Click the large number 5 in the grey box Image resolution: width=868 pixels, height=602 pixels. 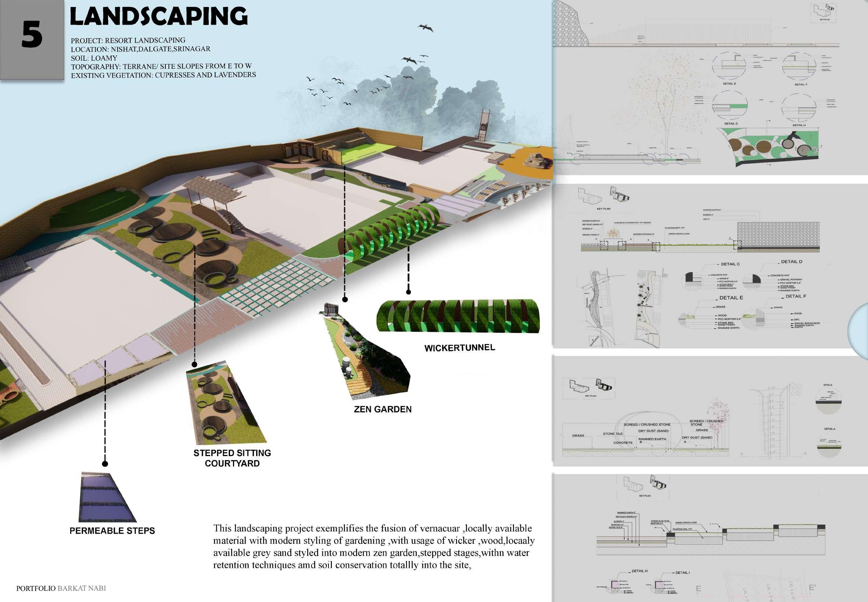tap(32, 34)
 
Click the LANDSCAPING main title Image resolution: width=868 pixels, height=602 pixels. tap(159, 17)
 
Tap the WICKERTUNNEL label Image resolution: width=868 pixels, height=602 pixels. tap(459, 348)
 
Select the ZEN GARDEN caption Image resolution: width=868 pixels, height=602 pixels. tap(382, 409)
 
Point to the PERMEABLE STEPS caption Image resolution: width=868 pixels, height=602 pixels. tap(112, 531)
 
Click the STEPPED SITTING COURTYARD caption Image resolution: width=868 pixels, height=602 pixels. tap(232, 458)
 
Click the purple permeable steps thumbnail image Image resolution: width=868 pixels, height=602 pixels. tap(107, 497)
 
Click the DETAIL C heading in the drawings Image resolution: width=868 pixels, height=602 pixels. tap(730, 264)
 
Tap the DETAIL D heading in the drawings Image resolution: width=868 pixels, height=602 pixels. tap(791, 261)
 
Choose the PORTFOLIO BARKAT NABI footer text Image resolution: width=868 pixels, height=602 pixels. tap(61, 588)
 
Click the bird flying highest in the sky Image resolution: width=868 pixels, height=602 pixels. tap(425, 27)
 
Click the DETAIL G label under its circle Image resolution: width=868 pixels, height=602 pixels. tap(731, 123)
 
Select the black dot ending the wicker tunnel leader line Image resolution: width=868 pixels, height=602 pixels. tap(408, 291)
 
